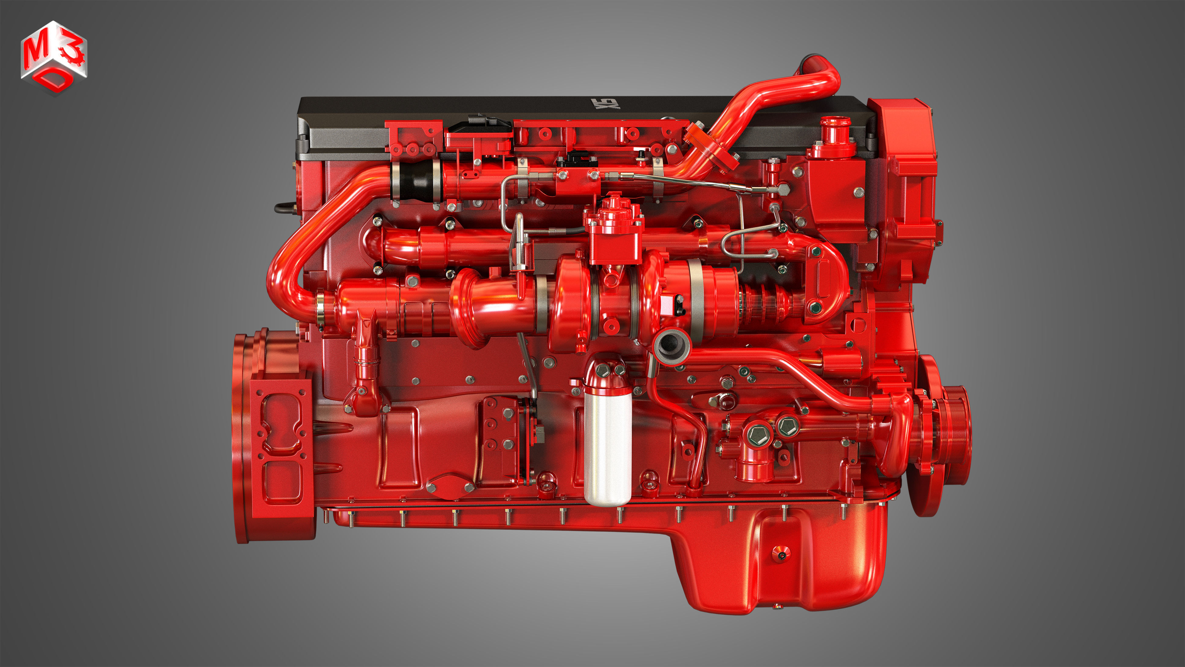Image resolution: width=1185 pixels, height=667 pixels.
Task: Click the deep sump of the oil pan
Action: tap(782, 561)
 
